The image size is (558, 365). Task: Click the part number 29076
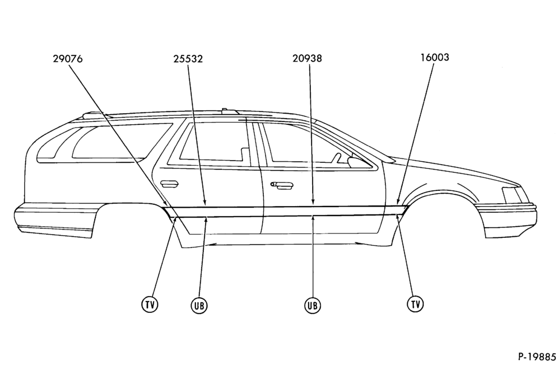[68, 59]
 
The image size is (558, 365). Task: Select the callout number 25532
[188, 59]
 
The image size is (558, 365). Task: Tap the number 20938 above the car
[307, 58]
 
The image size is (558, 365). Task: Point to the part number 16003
[435, 57]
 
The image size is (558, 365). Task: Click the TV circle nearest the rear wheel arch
[150, 305]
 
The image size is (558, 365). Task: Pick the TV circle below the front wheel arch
[415, 304]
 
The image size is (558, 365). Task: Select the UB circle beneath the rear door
[199, 306]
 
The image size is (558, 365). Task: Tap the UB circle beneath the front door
[313, 306]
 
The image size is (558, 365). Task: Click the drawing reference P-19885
[537, 356]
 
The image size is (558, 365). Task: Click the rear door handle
[169, 184]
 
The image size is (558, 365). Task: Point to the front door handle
[282, 185]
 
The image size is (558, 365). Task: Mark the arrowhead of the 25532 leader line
[205, 203]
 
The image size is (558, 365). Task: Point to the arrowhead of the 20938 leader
[313, 202]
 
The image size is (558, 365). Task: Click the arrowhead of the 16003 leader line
[398, 202]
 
